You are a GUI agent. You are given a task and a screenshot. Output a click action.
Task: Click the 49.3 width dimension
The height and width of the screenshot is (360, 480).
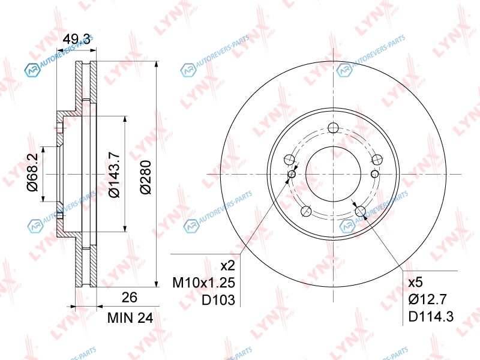click(76, 40)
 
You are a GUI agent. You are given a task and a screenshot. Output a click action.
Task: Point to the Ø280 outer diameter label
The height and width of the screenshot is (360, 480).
click(146, 177)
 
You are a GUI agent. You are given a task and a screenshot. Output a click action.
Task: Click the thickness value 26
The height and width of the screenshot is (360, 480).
click(129, 297)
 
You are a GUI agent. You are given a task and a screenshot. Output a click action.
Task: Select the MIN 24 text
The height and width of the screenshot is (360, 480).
click(130, 318)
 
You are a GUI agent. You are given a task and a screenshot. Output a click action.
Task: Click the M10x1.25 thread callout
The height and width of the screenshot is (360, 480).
click(203, 283)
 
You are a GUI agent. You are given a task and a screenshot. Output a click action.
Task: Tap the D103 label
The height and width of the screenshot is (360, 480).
click(218, 300)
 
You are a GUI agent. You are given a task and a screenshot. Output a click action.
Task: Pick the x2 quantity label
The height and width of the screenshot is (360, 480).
click(228, 265)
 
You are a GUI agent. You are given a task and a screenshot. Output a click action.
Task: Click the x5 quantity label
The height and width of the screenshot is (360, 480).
click(415, 282)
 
